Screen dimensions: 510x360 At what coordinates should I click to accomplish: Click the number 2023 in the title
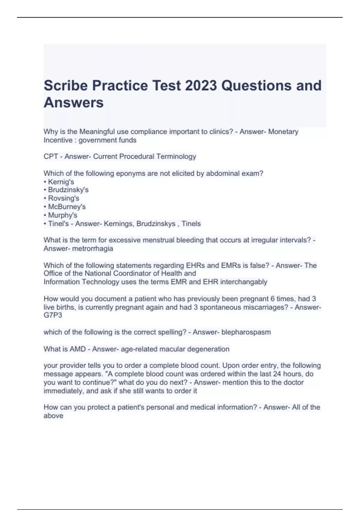(x=201, y=85)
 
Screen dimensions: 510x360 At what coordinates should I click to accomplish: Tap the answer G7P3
(x=53, y=315)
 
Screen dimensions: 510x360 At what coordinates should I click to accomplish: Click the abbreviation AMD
(x=78, y=349)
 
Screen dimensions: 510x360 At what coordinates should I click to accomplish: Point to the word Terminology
(x=177, y=156)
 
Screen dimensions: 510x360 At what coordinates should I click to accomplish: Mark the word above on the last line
(x=53, y=416)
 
